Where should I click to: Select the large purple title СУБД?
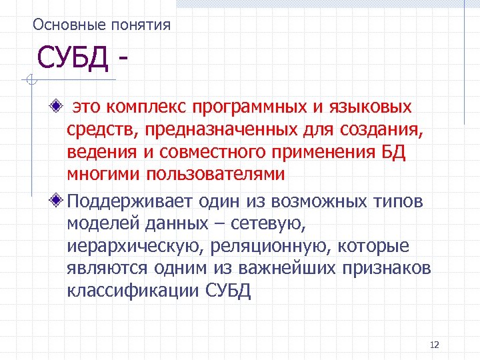point(73,59)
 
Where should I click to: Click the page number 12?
point(435,345)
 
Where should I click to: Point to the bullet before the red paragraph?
point(59,106)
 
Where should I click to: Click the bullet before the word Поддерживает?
point(59,200)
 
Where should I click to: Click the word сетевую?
point(279,223)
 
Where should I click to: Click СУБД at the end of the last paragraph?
point(227,291)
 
